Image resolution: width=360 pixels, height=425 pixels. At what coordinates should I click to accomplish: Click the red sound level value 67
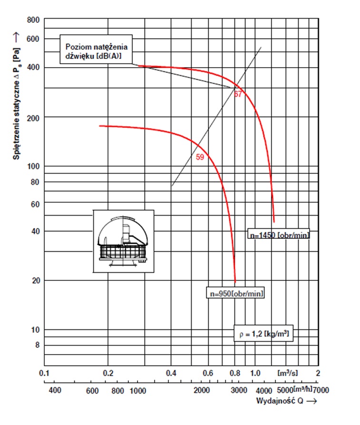coord(238,94)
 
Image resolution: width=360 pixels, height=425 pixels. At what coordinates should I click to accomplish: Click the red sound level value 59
coord(200,157)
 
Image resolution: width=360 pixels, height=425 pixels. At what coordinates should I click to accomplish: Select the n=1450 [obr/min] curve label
coord(279,234)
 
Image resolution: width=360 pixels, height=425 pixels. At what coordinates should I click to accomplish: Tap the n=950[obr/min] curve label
coord(235,293)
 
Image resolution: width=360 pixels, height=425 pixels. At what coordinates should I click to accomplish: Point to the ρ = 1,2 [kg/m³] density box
coord(263,333)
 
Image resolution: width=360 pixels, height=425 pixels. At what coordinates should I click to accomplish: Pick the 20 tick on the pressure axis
coord(33,281)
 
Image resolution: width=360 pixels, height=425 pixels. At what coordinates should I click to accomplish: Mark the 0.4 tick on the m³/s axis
coord(171,373)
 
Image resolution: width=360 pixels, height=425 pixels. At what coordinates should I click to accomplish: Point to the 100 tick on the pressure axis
coord(32,167)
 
